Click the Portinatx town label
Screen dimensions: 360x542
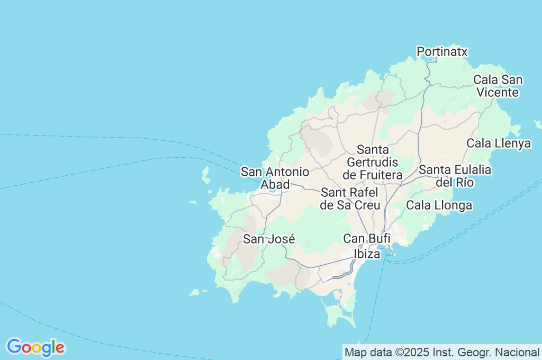[442, 51]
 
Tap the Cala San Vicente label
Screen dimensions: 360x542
[498, 86]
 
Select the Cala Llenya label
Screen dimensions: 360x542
[498, 143]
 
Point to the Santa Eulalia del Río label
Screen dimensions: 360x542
[455, 176]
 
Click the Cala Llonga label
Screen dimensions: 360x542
[439, 205]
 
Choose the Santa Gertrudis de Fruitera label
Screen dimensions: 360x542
[373, 162]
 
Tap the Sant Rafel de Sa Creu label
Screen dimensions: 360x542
[350, 199]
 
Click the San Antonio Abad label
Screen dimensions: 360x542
[275, 178]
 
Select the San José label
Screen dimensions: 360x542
[268, 239]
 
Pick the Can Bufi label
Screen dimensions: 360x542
[367, 239]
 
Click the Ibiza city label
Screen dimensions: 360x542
[367, 254]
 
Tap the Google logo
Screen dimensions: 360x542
[35, 347]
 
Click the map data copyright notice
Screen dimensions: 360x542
[441, 352]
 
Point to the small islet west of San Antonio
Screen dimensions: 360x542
[205, 175]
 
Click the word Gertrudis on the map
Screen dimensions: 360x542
[372, 162]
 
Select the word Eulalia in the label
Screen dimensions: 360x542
[469, 170]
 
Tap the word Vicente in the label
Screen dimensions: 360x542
[498, 92]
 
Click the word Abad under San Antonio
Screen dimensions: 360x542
[275, 184]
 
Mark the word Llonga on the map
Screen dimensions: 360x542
[455, 205]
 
